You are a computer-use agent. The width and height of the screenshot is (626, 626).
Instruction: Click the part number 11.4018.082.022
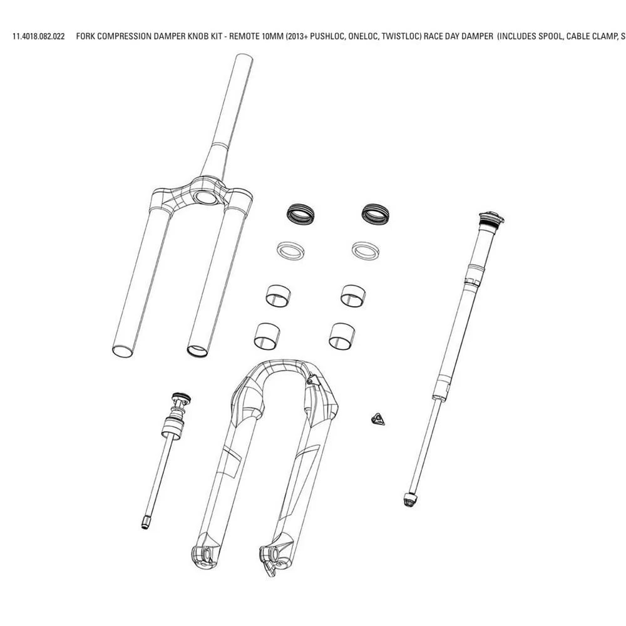point(39,36)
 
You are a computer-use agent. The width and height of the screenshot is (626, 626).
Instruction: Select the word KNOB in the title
point(198,36)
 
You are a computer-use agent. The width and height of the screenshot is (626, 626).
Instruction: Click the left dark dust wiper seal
point(300,213)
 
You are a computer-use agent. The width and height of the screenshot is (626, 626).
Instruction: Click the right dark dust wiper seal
point(375,213)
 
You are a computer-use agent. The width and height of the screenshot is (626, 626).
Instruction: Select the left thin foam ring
point(290,251)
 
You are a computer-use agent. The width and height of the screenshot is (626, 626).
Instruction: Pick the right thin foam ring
point(366,251)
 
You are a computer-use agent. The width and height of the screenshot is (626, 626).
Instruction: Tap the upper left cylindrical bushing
point(278,296)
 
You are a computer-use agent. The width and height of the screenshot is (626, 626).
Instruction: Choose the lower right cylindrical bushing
point(342,336)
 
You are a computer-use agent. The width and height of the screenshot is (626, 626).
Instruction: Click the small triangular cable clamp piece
point(377,419)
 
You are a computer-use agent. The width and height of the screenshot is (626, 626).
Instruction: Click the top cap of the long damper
point(491,218)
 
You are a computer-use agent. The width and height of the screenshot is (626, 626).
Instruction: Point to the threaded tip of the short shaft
point(145,523)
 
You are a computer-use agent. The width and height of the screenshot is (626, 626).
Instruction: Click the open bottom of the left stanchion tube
point(122,351)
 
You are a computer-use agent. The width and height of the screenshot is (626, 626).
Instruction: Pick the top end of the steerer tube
point(244,58)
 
